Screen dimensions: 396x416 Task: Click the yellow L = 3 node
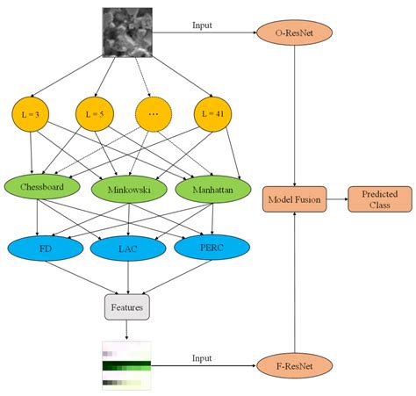click(32, 115)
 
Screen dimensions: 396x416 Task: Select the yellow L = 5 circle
click(92, 115)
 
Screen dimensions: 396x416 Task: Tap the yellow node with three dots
click(152, 115)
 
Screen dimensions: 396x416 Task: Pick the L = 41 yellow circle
click(211, 115)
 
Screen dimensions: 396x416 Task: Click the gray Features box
click(126, 307)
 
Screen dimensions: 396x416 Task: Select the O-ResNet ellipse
click(294, 34)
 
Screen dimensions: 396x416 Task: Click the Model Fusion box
click(294, 200)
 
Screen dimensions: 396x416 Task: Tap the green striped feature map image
click(126, 363)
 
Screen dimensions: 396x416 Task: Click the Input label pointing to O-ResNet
click(202, 25)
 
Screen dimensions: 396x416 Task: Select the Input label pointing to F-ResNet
click(202, 356)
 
